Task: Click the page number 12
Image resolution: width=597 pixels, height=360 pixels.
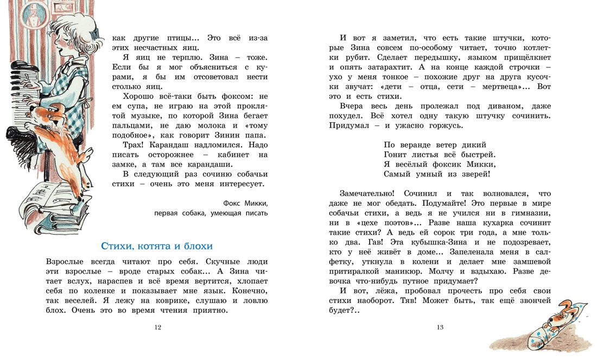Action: coord(158,327)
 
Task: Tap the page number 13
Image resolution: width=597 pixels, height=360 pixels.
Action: coord(440,327)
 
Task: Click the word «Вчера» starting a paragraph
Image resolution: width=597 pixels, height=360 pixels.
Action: coord(353,106)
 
